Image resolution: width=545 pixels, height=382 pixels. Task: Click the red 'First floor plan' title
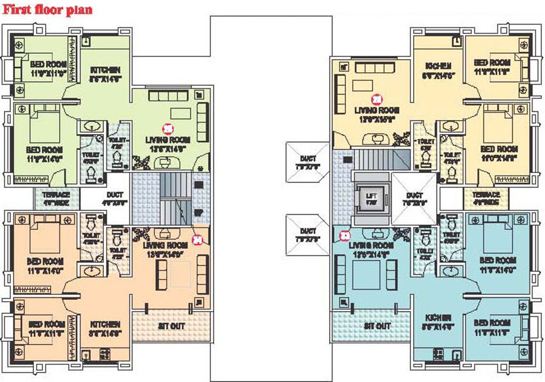coord(48,9)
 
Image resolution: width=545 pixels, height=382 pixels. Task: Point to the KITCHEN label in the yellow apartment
coord(439,66)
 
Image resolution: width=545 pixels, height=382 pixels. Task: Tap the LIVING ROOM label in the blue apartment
coord(371,246)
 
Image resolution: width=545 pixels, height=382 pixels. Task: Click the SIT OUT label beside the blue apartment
coord(377,326)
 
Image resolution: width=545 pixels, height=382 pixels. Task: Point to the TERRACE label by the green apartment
coord(56,194)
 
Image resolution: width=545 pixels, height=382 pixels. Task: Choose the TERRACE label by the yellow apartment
coord(486,194)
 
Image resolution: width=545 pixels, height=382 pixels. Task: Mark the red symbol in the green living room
coord(169,128)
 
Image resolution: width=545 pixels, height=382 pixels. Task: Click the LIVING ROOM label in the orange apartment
coord(165,245)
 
